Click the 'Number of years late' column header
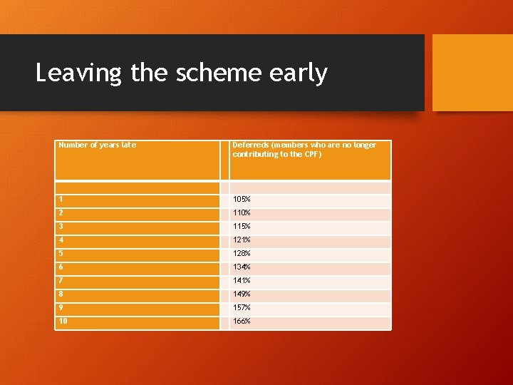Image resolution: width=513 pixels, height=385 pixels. click(x=97, y=145)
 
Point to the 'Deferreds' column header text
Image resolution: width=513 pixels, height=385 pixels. click(x=304, y=150)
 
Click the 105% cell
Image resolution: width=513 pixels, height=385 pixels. click(x=242, y=200)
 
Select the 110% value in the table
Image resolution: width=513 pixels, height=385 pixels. click(x=242, y=213)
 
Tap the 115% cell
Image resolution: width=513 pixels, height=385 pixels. click(x=242, y=227)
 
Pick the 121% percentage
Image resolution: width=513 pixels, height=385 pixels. click(x=242, y=240)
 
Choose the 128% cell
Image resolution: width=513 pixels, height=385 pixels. click(x=242, y=254)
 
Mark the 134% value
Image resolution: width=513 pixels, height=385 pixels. click(x=242, y=267)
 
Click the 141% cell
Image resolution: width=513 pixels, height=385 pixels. click(x=242, y=281)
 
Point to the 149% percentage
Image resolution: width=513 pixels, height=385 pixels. click(x=242, y=294)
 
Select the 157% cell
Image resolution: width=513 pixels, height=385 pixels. click(x=242, y=308)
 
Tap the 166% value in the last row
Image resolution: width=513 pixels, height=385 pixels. click(x=242, y=322)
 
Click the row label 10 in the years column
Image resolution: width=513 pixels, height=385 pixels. click(x=63, y=322)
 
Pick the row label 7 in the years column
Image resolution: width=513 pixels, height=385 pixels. click(x=61, y=281)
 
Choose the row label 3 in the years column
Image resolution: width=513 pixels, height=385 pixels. click(x=61, y=227)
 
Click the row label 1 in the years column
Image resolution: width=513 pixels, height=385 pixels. click(x=61, y=200)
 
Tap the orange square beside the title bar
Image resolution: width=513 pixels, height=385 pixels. click(x=472, y=73)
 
